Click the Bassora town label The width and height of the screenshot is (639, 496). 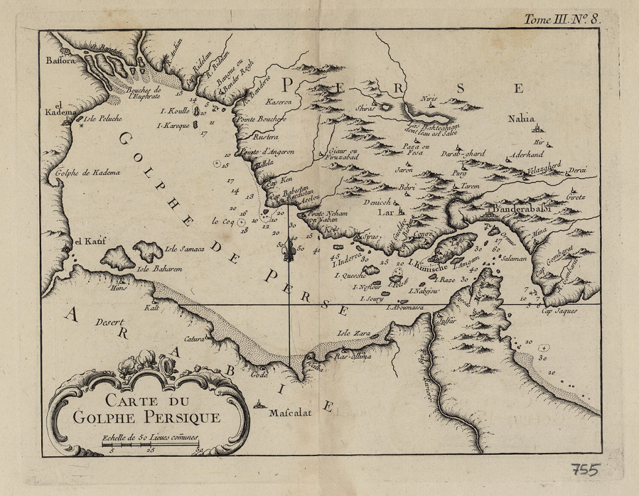pyautogui.click(x=59, y=61)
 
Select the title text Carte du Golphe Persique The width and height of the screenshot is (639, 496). pyautogui.click(x=146, y=410)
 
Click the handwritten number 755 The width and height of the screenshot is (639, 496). pyautogui.click(x=584, y=470)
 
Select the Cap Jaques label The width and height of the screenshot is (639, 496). pyautogui.click(x=559, y=311)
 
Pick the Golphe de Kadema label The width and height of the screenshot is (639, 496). pyautogui.click(x=88, y=173)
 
